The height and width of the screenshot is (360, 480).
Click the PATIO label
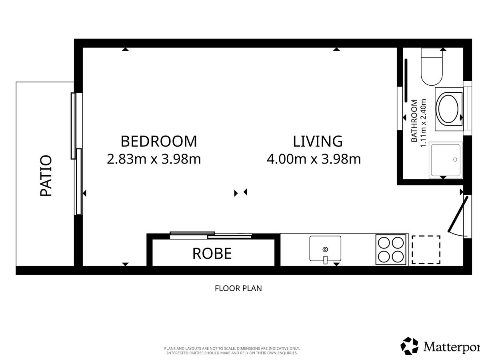click(46, 176)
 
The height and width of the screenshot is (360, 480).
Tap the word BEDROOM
click(159, 142)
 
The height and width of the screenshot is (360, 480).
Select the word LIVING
click(318, 142)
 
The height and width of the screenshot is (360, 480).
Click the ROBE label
click(212, 254)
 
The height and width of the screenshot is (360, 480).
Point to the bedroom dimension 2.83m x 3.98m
click(154, 159)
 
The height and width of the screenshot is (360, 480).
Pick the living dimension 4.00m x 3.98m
click(314, 159)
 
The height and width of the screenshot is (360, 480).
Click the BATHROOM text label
click(414, 121)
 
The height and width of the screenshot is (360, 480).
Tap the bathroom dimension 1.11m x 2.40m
click(423, 123)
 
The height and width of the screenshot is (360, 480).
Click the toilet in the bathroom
click(432, 67)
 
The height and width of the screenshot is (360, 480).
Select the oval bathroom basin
click(448, 109)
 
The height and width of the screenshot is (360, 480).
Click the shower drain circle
click(455, 160)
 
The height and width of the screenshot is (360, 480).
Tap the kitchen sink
click(325, 248)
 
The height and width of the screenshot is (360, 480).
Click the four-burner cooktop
click(391, 250)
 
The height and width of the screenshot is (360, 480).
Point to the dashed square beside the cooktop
click(426, 250)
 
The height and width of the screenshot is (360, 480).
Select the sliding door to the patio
click(76, 154)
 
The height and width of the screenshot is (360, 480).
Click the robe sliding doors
click(211, 235)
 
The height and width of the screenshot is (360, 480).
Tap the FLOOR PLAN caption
click(238, 288)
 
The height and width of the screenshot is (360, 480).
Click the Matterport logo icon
click(409, 346)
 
